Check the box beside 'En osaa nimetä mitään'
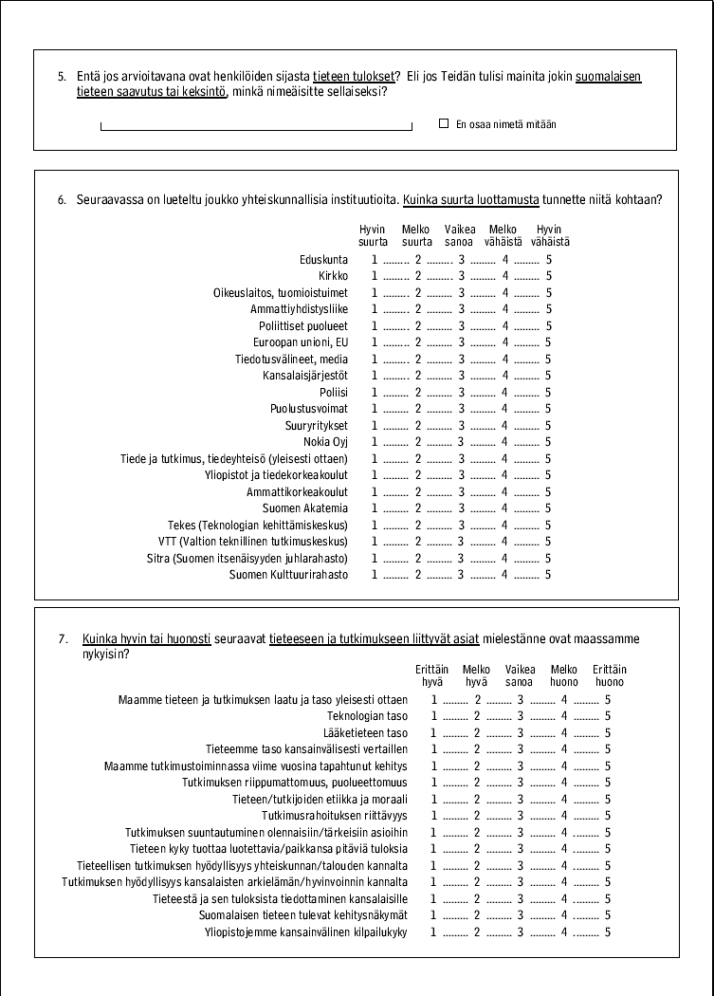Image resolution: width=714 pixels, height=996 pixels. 444,123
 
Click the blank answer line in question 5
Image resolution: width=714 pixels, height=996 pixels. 256,127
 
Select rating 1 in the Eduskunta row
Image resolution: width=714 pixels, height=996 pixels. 375,260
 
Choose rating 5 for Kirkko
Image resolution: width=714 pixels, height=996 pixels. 548,276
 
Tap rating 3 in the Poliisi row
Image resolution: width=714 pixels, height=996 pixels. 461,392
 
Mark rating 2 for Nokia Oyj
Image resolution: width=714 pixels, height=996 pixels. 417,442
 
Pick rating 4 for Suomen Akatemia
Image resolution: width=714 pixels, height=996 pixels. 505,508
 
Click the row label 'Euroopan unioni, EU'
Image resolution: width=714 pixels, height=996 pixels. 301,342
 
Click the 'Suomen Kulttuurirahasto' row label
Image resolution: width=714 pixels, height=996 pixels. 288,575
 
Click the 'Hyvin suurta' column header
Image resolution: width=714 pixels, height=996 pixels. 373,236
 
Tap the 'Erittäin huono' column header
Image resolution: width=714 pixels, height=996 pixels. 609,676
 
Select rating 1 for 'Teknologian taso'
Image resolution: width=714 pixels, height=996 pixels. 434,716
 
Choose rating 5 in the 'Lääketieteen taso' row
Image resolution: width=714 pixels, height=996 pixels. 608,733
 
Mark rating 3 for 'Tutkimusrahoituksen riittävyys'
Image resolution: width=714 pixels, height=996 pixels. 521,816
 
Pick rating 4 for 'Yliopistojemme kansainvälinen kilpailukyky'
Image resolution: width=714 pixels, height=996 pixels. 564,932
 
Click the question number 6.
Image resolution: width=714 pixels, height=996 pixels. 62,200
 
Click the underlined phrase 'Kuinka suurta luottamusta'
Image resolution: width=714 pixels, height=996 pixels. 470,200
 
